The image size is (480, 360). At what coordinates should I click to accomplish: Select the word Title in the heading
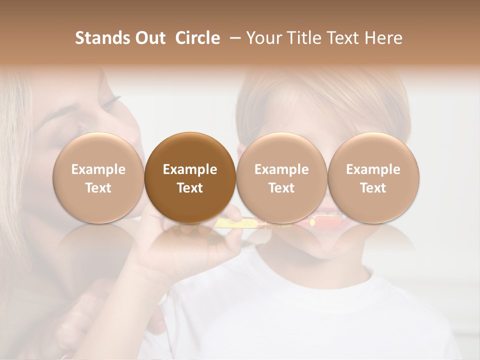300,38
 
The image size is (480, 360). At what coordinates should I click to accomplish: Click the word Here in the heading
383,38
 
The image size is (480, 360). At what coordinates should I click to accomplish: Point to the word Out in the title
149,38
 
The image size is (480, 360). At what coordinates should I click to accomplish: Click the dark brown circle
190,178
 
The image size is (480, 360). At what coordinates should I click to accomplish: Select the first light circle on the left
98,178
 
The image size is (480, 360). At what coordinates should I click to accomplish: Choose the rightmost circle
373,178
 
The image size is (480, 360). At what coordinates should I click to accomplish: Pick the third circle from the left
281,178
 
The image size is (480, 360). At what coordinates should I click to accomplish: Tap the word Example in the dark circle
190,169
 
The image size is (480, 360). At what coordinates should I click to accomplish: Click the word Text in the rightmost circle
373,188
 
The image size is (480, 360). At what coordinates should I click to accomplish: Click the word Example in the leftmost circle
98,169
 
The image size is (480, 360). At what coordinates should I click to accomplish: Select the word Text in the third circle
281,188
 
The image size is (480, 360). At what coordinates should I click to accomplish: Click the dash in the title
233,38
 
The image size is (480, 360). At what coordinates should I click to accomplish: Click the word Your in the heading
263,38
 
